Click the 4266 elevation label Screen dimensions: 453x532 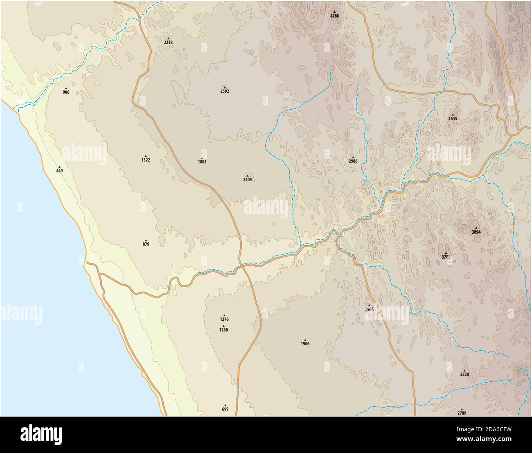point(334,16)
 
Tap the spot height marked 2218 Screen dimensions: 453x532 point(168,42)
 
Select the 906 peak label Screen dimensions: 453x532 point(66,92)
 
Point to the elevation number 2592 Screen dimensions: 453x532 point(225,91)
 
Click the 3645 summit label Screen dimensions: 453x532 point(452,118)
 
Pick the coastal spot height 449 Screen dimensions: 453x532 point(59,170)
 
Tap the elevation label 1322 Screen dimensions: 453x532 point(146,160)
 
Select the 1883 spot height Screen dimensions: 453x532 point(202,162)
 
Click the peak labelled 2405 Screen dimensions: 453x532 point(248,179)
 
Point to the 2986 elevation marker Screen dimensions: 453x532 point(353,161)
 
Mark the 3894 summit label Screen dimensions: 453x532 point(476,232)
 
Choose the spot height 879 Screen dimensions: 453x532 point(146,244)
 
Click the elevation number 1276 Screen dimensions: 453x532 point(224,319)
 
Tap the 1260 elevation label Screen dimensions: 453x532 point(223,329)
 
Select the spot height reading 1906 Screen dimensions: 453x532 point(305,343)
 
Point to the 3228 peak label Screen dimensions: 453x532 point(464,374)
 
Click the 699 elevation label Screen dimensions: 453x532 point(225,409)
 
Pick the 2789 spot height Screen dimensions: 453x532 point(462,412)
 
